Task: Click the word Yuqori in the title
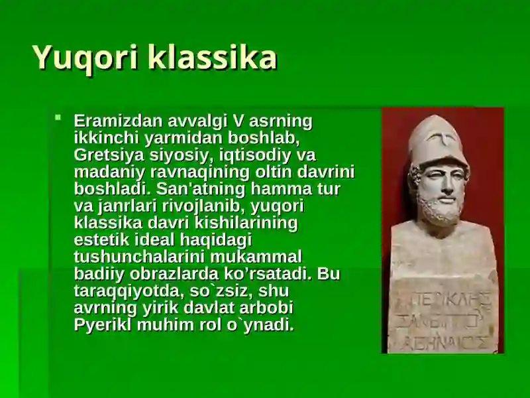[x=85, y=58]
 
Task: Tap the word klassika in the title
[x=212, y=56]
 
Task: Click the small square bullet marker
[x=58, y=117]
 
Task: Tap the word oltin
[x=273, y=172]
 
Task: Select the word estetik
[x=101, y=239]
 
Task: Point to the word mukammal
[x=256, y=257]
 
